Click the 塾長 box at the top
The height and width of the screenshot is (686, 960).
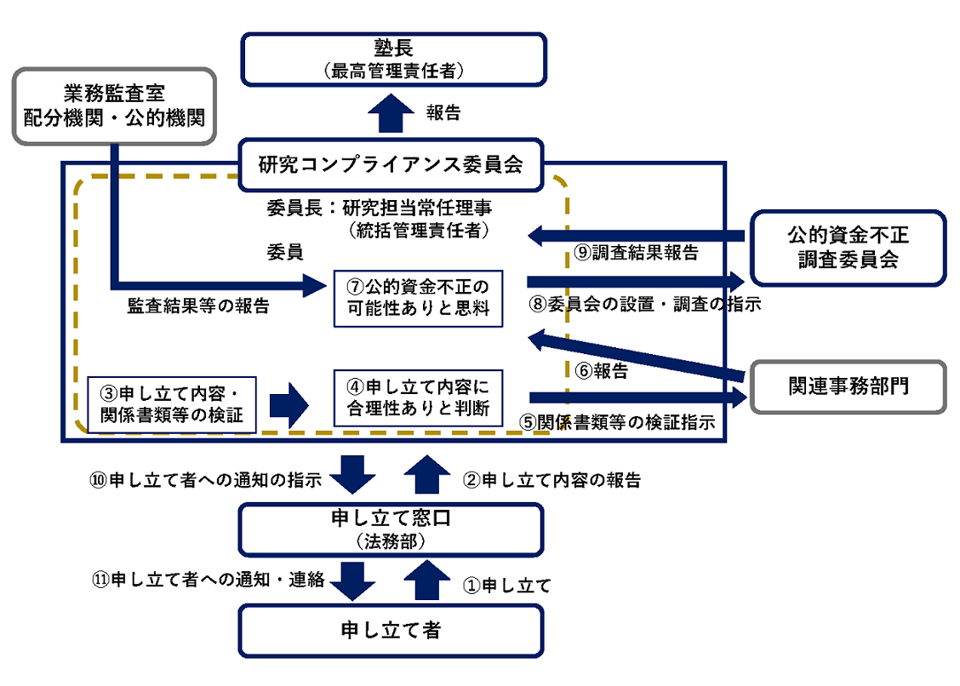tap(392, 59)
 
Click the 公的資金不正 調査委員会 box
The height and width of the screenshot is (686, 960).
tap(848, 246)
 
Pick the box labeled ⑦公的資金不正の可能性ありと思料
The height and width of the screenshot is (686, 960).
tap(418, 298)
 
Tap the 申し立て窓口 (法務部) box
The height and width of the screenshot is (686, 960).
tap(392, 529)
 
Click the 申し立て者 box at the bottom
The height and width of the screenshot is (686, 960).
tap(392, 631)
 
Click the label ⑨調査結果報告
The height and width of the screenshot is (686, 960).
tap(635, 253)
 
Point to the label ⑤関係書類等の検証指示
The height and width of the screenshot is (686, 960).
tap(618, 422)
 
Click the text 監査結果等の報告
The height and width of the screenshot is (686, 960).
tap(197, 306)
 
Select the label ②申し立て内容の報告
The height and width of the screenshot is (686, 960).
tap(551, 480)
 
